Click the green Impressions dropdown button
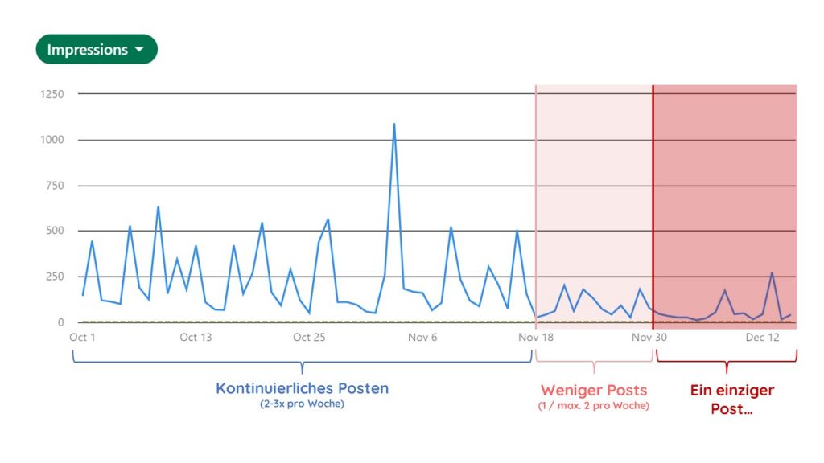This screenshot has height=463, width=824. click(x=96, y=50)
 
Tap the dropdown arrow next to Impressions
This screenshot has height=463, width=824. click(x=139, y=50)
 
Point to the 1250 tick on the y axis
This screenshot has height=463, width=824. click(x=52, y=94)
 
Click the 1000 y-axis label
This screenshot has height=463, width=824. click(x=52, y=140)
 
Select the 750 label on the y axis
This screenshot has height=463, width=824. click(x=56, y=186)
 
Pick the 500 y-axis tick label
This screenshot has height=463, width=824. click(x=56, y=231)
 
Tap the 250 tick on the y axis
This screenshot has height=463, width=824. click(x=56, y=277)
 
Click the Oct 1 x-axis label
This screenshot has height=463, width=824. click(x=82, y=338)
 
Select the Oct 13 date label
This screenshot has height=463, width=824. click(x=196, y=338)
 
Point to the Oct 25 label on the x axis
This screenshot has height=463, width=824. click(x=309, y=338)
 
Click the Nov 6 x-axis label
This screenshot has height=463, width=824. click(x=422, y=338)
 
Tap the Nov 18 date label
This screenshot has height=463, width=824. click(x=536, y=338)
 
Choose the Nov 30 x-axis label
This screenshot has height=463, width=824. click(x=649, y=338)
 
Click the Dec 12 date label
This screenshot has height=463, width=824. click(x=762, y=338)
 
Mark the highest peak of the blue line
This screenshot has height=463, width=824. click(x=394, y=125)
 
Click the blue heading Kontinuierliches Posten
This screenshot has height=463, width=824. click(x=302, y=389)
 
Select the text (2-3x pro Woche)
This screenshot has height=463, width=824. click(x=302, y=404)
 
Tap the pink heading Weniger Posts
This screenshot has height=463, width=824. click(x=594, y=391)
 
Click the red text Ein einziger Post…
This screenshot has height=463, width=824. click(x=731, y=399)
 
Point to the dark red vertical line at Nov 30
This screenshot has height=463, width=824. click(x=653, y=201)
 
